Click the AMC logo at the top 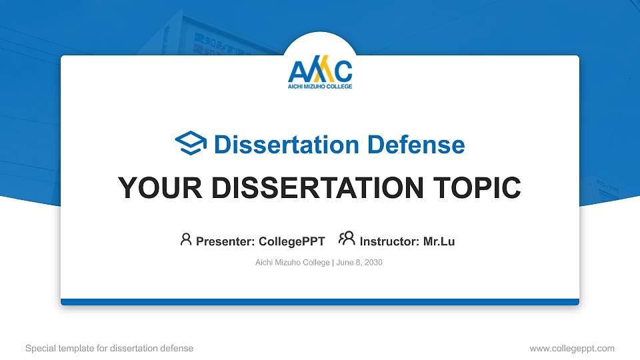[320, 72]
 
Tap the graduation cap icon [191, 143]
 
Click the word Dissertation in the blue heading [287, 145]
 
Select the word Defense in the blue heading [416, 145]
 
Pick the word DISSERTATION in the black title [317, 188]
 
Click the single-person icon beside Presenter [186, 239]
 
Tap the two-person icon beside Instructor [347, 239]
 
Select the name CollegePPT [292, 241]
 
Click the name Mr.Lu [439, 241]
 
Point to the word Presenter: [225, 241]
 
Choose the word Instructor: [389, 241]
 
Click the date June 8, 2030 [359, 263]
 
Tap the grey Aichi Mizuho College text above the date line [292, 263]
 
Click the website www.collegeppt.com [572, 349]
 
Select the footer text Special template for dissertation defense [109, 349]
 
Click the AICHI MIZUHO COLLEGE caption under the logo [320, 87]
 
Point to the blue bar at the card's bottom [320, 302]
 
